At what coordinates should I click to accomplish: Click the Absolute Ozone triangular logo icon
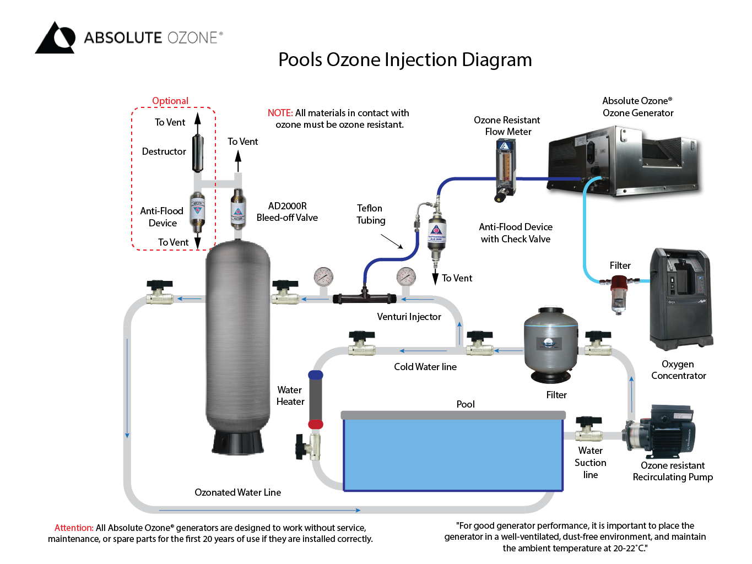click(x=55, y=38)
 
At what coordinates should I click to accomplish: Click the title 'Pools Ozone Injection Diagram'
click(x=405, y=59)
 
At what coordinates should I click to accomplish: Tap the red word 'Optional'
click(x=170, y=101)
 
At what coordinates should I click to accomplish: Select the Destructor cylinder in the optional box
click(x=198, y=153)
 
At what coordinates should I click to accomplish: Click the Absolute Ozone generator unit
click(x=623, y=160)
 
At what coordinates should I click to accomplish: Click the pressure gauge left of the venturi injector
click(x=323, y=276)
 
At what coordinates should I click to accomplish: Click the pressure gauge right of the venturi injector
click(x=406, y=276)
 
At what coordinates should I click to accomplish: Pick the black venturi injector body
click(x=364, y=298)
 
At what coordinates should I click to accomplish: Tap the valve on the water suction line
click(x=588, y=430)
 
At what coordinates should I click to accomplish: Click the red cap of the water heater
click(x=316, y=424)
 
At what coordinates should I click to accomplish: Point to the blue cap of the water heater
click(x=316, y=375)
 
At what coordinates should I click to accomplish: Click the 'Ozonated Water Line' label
click(x=237, y=492)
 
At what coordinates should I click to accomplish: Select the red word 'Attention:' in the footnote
click(x=74, y=528)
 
